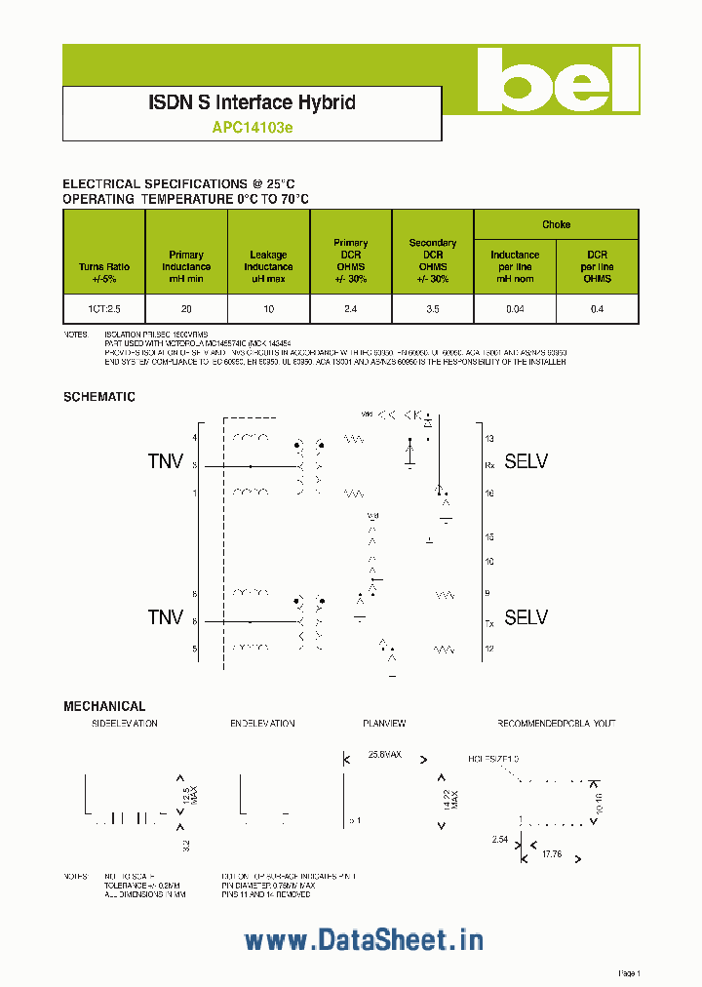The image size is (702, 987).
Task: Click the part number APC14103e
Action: (252, 127)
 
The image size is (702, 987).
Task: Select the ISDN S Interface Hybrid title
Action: (252, 102)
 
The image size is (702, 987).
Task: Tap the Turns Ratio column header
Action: (104, 272)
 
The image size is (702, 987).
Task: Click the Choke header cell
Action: (556, 224)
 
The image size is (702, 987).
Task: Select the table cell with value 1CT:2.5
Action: (104, 308)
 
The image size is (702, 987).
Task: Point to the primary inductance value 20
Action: (186, 308)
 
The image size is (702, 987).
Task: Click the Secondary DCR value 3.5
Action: (432, 308)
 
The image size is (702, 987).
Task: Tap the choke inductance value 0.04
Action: (515, 308)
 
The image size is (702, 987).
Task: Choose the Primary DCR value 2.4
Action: (351, 308)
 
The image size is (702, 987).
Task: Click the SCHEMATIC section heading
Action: (99, 397)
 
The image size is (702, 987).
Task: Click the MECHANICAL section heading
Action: (104, 706)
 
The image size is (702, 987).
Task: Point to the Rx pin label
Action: (489, 466)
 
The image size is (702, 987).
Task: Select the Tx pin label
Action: (489, 621)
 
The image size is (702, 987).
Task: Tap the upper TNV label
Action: (166, 461)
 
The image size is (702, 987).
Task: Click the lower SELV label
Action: (526, 617)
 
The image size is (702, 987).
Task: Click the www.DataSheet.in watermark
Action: (364, 940)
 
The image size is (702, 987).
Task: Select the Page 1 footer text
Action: (629, 973)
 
